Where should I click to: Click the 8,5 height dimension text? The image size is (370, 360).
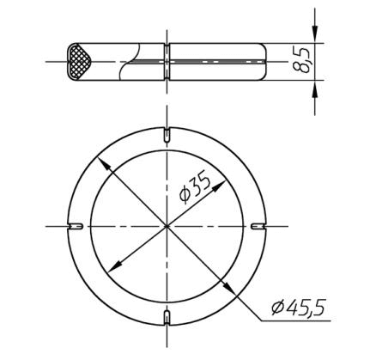coord(301,60)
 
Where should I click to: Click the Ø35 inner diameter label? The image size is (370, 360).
coord(194,186)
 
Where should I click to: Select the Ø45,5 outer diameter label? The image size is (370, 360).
coord(298,308)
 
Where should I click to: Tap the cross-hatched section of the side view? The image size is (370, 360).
coord(79,62)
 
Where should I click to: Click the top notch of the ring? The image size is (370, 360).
coord(167,134)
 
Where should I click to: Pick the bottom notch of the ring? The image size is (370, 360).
coord(167,318)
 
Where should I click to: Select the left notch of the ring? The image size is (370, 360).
coord(76,227)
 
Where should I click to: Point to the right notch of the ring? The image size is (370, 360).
coord(258,227)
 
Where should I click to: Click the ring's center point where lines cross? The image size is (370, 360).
coord(167,227)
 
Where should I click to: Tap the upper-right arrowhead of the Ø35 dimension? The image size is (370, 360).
coord(218,186)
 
